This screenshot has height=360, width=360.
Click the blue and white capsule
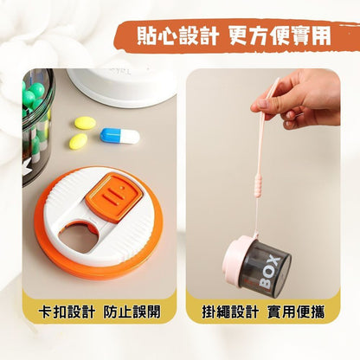[119, 136]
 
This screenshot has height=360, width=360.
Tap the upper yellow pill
[85, 123]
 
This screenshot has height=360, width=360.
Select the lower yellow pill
[78, 141]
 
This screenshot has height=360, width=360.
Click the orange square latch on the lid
[114, 197]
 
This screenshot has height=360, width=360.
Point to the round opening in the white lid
[80, 237]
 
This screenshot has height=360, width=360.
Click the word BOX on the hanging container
[269, 273]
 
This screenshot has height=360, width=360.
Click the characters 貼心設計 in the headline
[177, 36]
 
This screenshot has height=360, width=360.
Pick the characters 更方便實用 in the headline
[280, 36]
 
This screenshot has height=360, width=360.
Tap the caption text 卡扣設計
[67, 312]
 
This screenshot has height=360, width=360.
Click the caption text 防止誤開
[132, 312]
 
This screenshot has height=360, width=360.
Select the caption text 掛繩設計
[230, 312]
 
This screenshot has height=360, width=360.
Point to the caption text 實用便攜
[296, 312]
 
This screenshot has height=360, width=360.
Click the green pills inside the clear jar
[32, 96]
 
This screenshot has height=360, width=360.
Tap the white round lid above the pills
[122, 86]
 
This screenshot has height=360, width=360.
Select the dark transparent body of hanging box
[267, 267]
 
